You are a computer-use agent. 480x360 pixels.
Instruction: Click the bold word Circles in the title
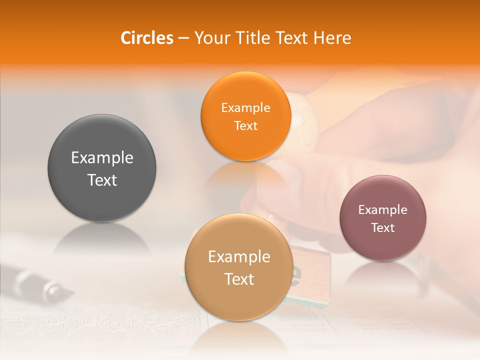(x=147, y=38)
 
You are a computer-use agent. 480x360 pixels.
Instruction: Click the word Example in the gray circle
(x=102, y=158)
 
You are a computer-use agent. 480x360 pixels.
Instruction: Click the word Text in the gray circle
(x=102, y=180)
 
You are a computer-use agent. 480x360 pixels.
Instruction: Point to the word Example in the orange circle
(x=245, y=107)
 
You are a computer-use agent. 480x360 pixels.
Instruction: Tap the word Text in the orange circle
(x=245, y=125)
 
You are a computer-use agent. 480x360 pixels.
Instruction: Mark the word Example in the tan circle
(x=239, y=256)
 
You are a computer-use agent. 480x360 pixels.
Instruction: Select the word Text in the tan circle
(x=239, y=279)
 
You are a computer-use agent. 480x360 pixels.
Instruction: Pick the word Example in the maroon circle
(x=383, y=209)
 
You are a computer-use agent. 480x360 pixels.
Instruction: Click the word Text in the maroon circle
(x=383, y=227)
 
